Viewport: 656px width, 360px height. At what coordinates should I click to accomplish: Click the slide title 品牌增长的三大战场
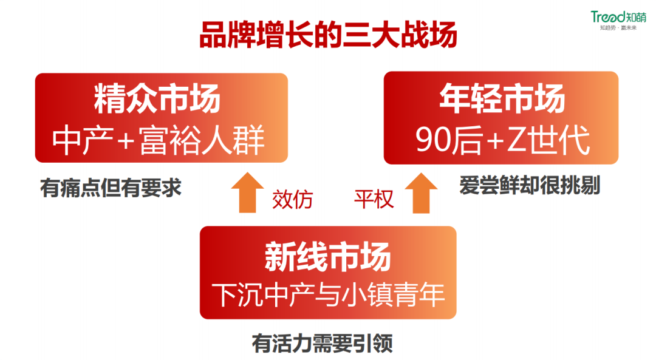pyautogui.click(x=328, y=35)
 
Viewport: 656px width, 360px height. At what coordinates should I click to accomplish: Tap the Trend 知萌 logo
pyautogui.click(x=619, y=16)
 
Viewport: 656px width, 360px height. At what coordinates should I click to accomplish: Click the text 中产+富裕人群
pyautogui.click(x=159, y=141)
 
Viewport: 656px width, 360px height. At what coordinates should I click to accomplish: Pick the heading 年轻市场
pyautogui.click(x=502, y=99)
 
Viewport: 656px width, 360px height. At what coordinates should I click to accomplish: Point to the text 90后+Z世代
pyautogui.click(x=502, y=141)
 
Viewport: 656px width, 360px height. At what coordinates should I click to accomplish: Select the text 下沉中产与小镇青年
pyautogui.click(x=328, y=295)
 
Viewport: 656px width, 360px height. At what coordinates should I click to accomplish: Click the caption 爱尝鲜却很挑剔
pyautogui.click(x=530, y=185)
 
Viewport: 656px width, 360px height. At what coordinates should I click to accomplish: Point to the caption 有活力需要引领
pyautogui.click(x=323, y=344)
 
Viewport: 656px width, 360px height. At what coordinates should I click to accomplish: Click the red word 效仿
pyautogui.click(x=293, y=199)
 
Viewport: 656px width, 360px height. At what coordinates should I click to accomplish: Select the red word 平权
pyautogui.click(x=374, y=199)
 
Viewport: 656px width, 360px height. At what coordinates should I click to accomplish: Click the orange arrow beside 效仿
pyautogui.click(x=247, y=193)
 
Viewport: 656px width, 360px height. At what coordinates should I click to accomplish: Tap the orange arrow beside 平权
pyautogui.click(x=422, y=193)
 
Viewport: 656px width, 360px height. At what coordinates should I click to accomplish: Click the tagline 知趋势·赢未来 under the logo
pyautogui.click(x=618, y=29)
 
